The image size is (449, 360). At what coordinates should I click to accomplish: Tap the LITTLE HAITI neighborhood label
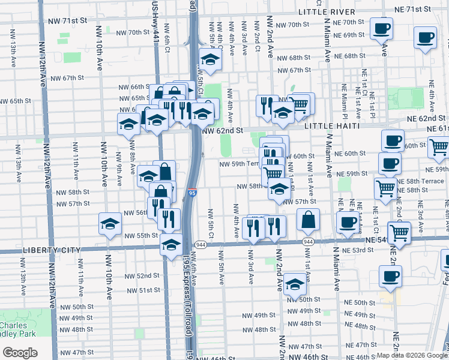(331, 126)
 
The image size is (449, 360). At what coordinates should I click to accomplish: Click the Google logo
(19, 353)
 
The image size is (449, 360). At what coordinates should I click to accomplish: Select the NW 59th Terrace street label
(239, 164)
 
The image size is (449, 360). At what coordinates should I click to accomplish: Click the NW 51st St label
(141, 290)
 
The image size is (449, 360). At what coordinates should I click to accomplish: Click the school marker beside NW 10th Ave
(110, 224)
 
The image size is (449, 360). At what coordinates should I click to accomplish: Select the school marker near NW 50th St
(295, 284)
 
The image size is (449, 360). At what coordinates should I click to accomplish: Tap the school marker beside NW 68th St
(210, 59)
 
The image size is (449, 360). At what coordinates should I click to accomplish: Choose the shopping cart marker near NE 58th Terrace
(385, 188)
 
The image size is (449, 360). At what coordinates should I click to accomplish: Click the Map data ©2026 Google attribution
(411, 355)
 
